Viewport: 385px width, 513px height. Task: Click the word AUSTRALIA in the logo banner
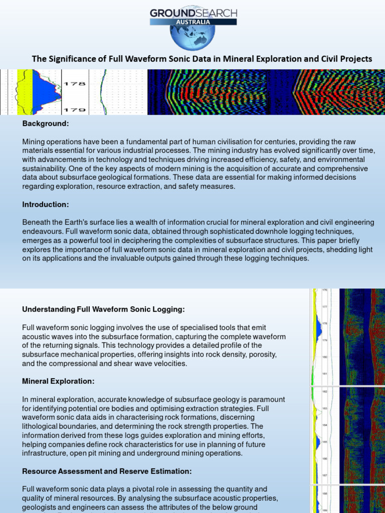click(192, 22)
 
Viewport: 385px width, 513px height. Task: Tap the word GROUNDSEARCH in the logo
click(194, 13)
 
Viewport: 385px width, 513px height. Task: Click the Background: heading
click(46, 123)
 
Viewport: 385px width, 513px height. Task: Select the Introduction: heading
click(46, 204)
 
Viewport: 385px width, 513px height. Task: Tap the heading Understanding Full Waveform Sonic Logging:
click(103, 310)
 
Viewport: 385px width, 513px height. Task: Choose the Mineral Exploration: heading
click(58, 381)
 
